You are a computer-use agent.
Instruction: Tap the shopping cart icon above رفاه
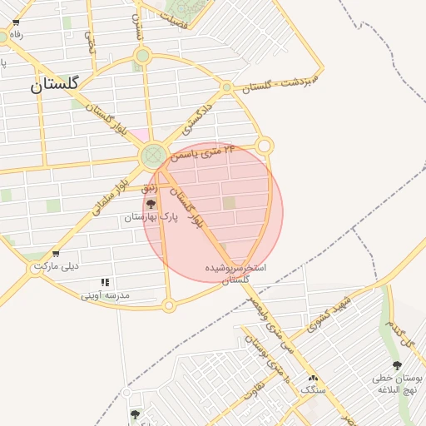coord(15,35)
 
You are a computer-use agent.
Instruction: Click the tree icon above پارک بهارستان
coord(151,204)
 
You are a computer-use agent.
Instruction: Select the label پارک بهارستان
coord(151,217)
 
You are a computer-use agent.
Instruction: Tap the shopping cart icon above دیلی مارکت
coord(56,254)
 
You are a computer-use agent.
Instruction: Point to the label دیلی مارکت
coord(55,267)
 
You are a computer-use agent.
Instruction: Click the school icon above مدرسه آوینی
coord(105,283)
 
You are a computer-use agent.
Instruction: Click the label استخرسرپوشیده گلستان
coord(237,275)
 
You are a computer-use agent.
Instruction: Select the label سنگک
coord(314,390)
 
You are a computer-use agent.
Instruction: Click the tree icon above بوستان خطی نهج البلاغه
coord(396,365)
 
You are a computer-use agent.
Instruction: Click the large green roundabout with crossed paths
coord(153,156)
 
